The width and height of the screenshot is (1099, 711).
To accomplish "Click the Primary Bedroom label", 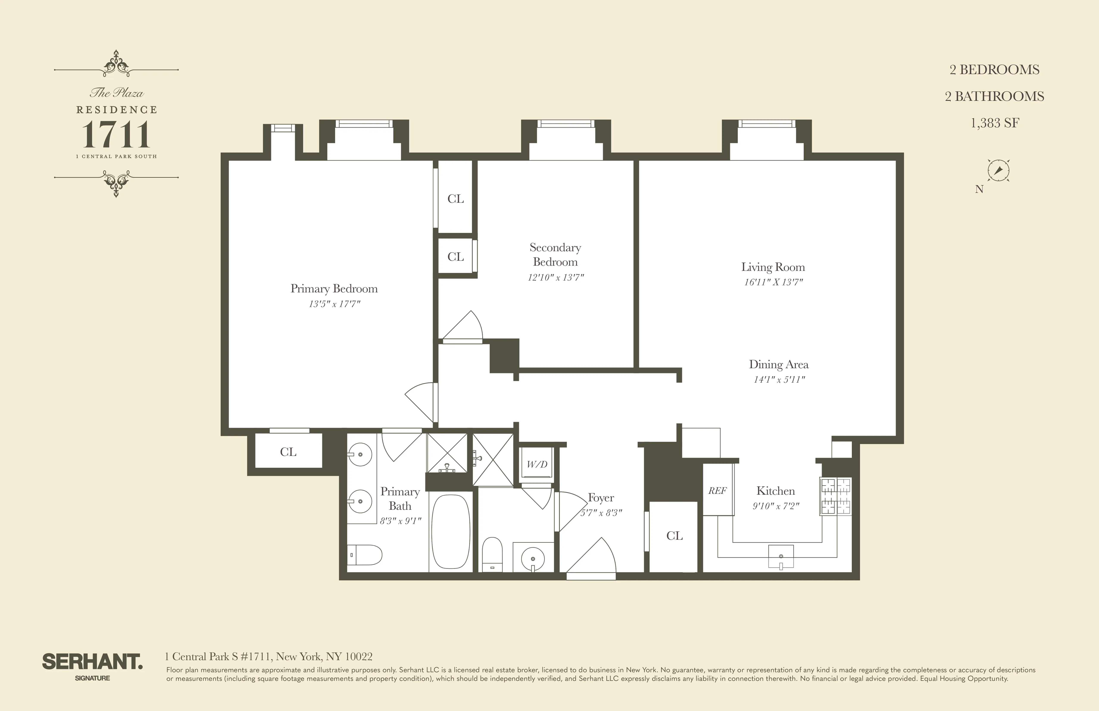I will click(334, 288).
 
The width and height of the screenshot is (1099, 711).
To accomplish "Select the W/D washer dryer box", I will click(537, 465).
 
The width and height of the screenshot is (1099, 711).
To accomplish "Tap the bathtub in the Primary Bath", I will click(451, 532).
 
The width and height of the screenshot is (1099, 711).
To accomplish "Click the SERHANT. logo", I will click(92, 662).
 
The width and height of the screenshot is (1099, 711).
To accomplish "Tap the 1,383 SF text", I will click(995, 123).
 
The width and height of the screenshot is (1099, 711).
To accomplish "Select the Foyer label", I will click(601, 498).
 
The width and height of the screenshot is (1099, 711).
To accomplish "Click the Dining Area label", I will click(779, 364).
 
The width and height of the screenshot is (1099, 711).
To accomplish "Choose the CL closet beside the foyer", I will click(674, 536).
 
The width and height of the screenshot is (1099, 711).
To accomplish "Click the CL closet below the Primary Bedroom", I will click(288, 452).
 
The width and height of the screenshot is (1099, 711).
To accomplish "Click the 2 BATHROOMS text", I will click(994, 96).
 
